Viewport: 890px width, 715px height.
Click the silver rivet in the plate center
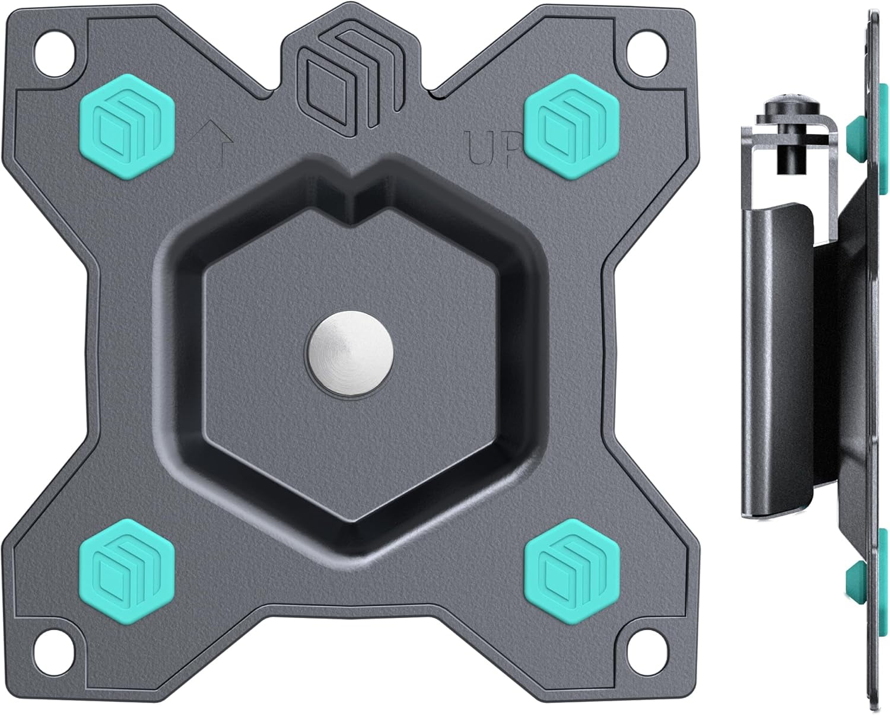pos(349,354)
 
